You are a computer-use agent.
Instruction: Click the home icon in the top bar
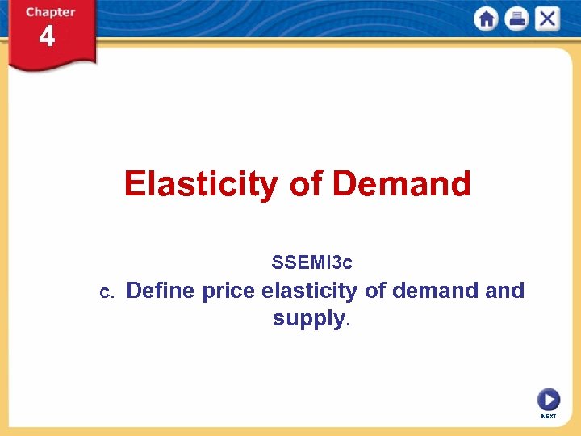[487, 19]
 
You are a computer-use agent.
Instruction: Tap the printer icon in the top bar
[516, 19]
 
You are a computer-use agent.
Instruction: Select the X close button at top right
[546, 19]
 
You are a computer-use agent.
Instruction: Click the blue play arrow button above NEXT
[548, 400]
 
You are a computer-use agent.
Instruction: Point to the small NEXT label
[548, 417]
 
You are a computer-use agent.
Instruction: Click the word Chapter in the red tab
[50, 12]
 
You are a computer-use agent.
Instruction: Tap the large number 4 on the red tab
[48, 37]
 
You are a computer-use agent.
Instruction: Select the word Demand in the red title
[401, 185]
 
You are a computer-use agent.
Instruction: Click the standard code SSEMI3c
[312, 262]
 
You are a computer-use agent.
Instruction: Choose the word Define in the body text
[161, 290]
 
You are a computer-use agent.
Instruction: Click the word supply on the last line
[308, 319]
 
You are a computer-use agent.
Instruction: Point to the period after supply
[348, 324]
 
